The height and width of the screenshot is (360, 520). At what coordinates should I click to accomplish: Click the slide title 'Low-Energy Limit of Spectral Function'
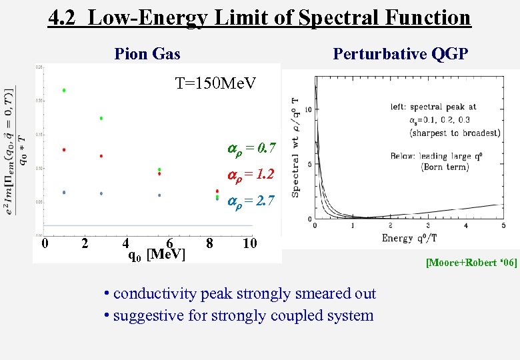click(x=279, y=18)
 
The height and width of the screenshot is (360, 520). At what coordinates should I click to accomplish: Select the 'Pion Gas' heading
click(x=147, y=53)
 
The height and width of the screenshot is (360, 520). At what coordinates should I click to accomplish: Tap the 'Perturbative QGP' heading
click(x=400, y=53)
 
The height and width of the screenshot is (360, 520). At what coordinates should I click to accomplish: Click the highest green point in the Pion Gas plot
click(x=64, y=90)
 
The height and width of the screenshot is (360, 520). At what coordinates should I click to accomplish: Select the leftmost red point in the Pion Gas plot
click(x=64, y=150)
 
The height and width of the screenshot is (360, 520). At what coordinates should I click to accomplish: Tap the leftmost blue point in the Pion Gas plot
click(x=64, y=192)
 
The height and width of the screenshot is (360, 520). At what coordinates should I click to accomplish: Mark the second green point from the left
click(x=101, y=118)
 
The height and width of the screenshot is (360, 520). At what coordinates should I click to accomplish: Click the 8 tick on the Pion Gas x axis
click(x=210, y=243)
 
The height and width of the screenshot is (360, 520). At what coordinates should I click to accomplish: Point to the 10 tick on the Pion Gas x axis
click(x=249, y=243)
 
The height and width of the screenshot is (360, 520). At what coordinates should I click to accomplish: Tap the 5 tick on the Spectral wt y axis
click(x=309, y=164)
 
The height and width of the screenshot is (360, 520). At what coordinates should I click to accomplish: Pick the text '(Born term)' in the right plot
click(x=445, y=167)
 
